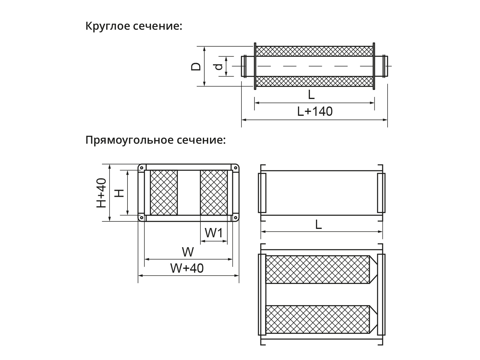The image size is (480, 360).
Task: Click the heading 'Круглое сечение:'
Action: pos(134,26)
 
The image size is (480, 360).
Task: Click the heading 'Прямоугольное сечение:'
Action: pos(155,140)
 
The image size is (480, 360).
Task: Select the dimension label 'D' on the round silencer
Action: pos(196,66)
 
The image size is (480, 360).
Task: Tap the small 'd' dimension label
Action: pos(219,66)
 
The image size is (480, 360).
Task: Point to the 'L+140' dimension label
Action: pos(315,112)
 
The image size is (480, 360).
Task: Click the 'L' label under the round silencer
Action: pos(311,95)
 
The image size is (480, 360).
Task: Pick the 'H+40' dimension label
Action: pos(101,193)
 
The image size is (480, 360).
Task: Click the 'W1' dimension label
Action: pos(214,233)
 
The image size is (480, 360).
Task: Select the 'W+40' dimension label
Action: pos(187,268)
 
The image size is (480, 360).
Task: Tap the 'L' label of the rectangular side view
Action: pos(318,224)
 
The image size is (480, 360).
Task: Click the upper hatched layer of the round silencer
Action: pos(314,51)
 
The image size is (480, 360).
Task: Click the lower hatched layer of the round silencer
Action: pos(314,81)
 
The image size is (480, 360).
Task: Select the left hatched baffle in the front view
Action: pos(164,193)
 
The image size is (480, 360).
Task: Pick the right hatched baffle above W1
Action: pos(214,193)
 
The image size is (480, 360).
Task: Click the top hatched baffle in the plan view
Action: pos(317,269)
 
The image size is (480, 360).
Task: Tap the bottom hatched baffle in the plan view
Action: pos(317,319)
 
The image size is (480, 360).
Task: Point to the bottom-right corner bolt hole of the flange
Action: pos(236,217)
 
